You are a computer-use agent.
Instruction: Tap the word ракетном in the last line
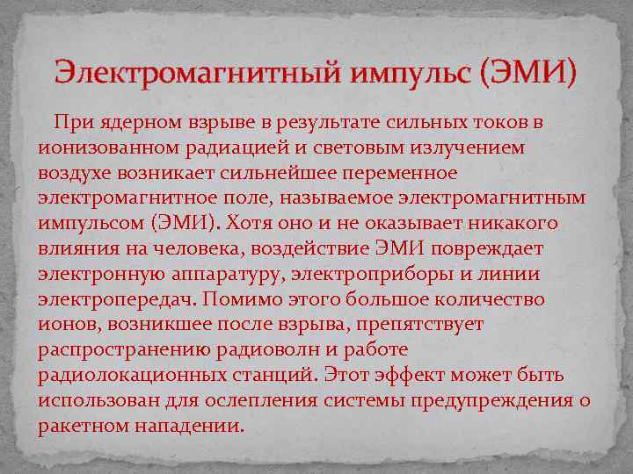(85, 426)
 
